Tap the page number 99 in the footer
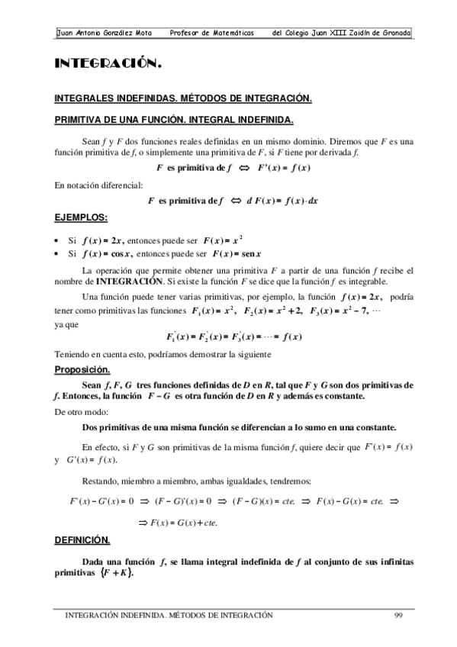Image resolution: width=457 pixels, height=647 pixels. tap(398, 615)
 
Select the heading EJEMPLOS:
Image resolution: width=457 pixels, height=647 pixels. tap(80, 217)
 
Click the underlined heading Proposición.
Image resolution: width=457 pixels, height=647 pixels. tap(84, 369)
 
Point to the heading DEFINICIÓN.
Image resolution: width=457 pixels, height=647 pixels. tap(82, 539)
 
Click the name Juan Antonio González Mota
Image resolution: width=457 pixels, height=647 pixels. tap(105, 34)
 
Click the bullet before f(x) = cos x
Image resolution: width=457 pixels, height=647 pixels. tap(58, 253)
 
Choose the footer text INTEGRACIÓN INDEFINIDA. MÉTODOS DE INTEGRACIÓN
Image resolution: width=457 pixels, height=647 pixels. tap(169, 615)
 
